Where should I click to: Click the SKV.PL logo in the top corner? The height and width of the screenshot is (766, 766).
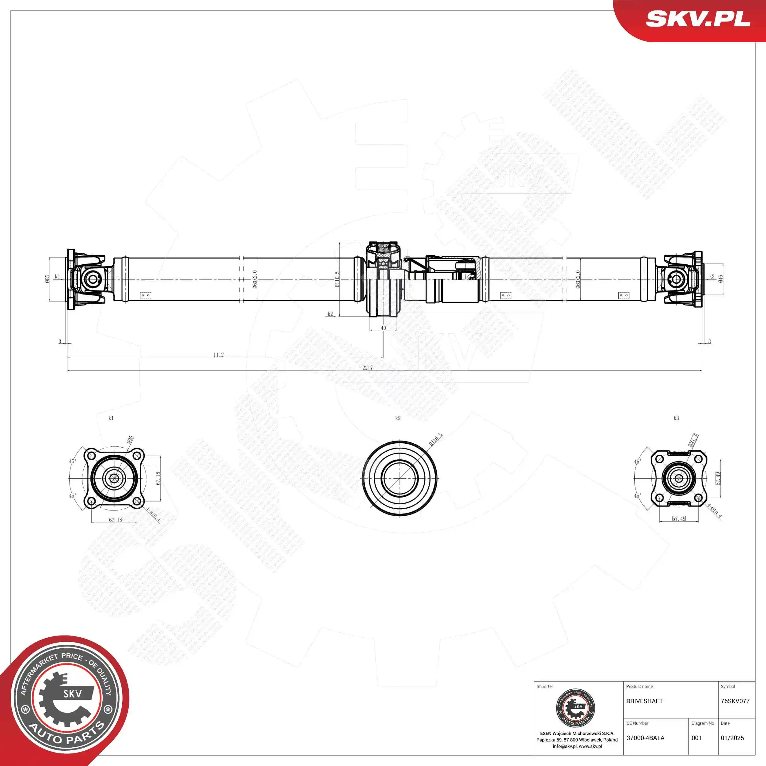[698, 19]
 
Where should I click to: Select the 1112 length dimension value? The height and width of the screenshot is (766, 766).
[218, 355]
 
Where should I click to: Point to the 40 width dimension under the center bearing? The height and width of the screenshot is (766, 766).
[383, 328]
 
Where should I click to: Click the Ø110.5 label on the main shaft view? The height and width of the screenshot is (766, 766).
[337, 279]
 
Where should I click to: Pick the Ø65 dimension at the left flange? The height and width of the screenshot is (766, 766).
[47, 279]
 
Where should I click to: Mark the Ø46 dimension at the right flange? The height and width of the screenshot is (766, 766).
[720, 279]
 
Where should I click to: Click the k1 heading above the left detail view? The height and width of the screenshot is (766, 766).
[111, 418]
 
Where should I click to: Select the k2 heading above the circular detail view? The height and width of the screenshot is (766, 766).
[398, 418]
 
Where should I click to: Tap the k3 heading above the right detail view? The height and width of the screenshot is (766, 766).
[676, 418]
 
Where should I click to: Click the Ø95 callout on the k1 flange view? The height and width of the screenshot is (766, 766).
[130, 440]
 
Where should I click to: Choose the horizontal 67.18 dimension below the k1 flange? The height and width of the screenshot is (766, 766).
[116, 520]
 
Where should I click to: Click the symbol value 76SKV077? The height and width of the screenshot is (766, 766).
[735, 701]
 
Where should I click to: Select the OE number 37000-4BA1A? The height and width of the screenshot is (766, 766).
[645, 738]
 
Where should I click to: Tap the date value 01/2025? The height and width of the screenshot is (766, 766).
[732, 738]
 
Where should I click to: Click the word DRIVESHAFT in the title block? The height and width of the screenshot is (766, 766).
[644, 701]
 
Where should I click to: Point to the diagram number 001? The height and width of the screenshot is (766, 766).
[696, 738]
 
